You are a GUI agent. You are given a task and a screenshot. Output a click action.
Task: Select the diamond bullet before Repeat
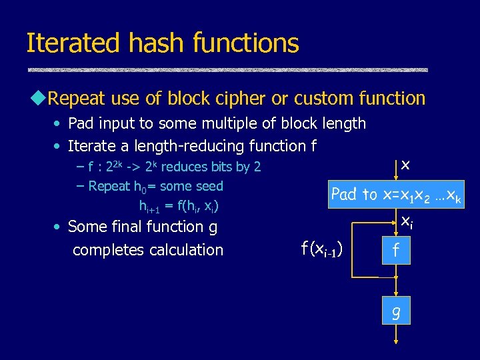pos(38,99)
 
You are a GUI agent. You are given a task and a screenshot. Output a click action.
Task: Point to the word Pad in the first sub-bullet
pos(81,123)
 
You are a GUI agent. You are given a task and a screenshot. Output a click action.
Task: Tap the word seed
pos(207,186)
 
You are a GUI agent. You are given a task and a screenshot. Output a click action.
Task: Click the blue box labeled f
pos(396,251)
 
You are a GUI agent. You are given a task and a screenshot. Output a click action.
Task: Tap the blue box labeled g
pos(396,311)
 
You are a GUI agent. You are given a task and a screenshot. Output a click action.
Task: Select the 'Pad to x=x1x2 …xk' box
pos(397,194)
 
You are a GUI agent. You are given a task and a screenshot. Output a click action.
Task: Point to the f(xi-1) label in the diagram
pos(322,250)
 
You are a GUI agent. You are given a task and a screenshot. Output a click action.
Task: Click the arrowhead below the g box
pos(396,341)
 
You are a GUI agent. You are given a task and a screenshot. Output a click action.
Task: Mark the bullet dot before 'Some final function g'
pos(59,227)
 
